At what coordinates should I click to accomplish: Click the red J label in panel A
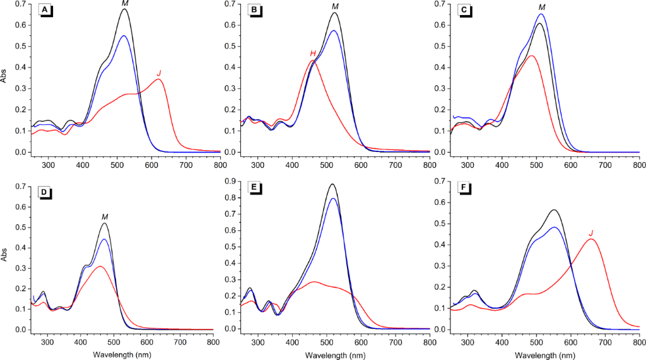(158, 74)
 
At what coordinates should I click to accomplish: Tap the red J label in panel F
(590, 233)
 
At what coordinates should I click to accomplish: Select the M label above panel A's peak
(125, 4)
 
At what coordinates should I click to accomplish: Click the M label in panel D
(105, 217)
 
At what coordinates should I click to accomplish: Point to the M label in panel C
(541, 8)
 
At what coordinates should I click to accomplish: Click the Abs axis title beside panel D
(6, 257)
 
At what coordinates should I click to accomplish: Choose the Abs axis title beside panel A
(6, 77)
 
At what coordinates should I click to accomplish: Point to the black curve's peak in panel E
(332, 184)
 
